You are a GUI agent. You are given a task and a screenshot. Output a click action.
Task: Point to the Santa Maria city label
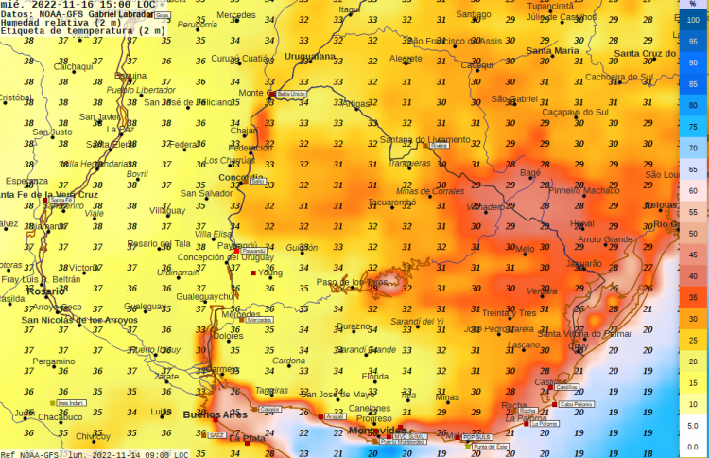(552, 50)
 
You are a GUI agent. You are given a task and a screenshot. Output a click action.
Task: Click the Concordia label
(241, 177)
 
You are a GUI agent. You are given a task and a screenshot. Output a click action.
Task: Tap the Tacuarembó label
(391, 203)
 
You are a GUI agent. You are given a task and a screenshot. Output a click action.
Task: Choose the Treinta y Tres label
(509, 313)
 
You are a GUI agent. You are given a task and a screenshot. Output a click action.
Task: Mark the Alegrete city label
(406, 58)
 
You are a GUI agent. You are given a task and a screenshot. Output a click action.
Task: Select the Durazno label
(354, 326)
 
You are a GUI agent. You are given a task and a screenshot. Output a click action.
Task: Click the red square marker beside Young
(253, 273)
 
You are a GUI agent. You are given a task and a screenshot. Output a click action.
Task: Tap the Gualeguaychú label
(204, 296)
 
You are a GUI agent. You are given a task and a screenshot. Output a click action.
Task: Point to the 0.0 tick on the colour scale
(693, 446)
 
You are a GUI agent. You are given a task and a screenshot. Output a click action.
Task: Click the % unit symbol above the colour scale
(693, 5)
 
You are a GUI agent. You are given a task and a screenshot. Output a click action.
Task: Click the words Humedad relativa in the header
(43, 23)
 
